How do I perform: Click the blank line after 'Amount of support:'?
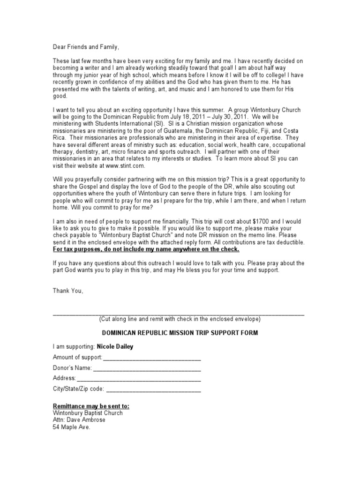(152, 358)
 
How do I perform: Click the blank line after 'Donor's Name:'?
(147, 368)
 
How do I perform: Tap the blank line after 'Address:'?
(139, 378)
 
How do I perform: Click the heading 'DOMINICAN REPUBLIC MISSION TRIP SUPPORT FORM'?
(180, 333)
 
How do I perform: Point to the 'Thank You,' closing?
(68, 291)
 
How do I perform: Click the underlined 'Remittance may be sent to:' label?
(91, 406)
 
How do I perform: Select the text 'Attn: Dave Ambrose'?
(79, 420)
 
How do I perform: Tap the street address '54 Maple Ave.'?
(71, 427)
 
